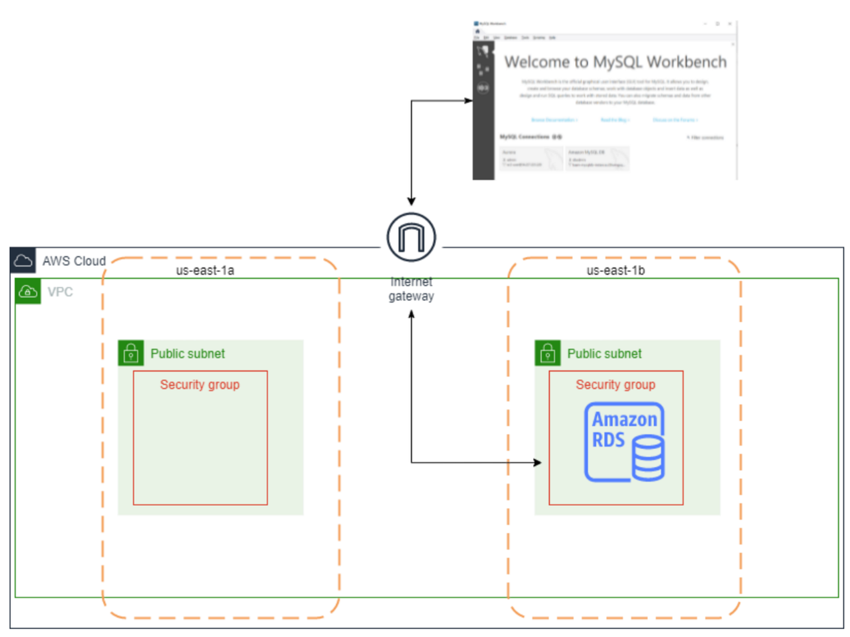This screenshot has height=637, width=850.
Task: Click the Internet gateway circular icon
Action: [411, 237]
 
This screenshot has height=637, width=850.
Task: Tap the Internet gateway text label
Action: [411, 289]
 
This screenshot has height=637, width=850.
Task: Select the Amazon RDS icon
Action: [624, 442]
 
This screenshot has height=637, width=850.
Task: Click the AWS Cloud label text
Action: [73, 261]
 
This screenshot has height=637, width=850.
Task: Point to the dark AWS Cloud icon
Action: [23, 261]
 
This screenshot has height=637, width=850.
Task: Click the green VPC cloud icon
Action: [28, 292]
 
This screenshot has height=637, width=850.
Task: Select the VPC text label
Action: [60, 292]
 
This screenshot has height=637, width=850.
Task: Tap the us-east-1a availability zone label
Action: [205, 271]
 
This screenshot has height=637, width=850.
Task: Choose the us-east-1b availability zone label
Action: [615, 271]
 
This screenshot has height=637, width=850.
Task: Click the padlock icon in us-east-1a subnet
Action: [131, 353]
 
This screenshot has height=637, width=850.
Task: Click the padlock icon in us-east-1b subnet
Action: [547, 353]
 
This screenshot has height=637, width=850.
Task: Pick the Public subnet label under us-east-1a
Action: [188, 354]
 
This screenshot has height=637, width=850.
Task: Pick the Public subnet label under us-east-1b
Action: [604, 354]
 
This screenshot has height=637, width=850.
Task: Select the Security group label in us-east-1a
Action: [200, 385]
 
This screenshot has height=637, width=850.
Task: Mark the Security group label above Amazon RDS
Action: [615, 385]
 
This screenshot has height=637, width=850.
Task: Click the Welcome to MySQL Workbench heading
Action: [615, 62]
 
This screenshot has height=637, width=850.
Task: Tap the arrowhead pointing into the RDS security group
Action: [537, 462]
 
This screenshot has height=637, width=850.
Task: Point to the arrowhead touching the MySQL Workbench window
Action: [469, 101]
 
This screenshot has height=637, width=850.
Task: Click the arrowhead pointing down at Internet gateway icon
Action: [411, 201]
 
